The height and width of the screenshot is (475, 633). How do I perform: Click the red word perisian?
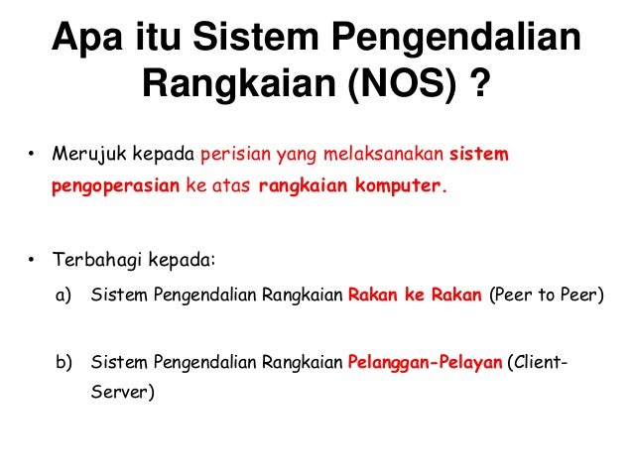231,156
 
